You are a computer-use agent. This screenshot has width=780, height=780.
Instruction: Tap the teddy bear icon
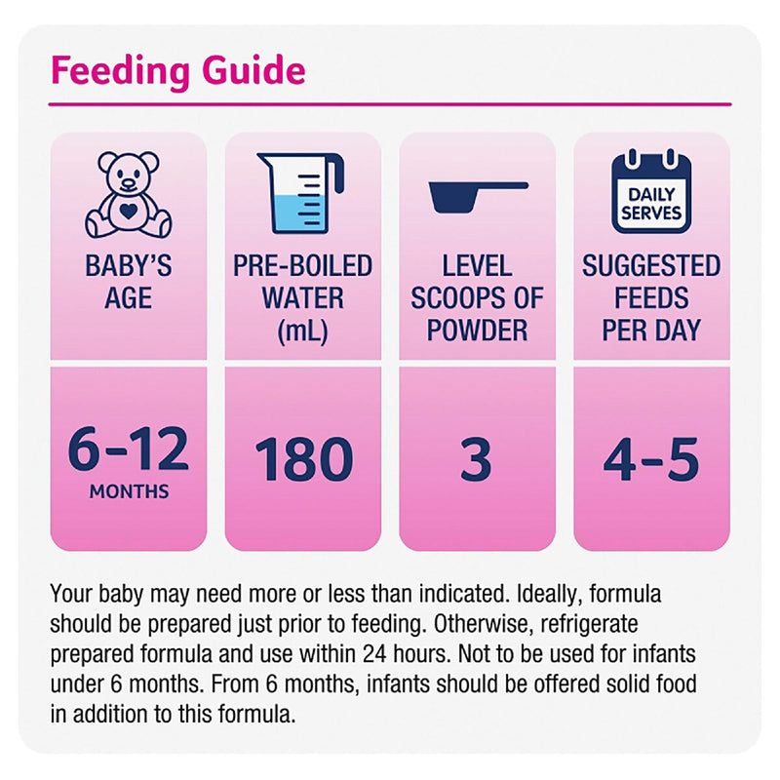click(128, 195)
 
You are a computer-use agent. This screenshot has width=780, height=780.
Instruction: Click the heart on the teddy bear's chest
click(129, 208)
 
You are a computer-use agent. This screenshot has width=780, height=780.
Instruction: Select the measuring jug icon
click(300, 192)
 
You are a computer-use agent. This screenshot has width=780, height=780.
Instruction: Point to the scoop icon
click(477, 194)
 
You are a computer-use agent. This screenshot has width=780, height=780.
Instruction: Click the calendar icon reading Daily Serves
click(651, 193)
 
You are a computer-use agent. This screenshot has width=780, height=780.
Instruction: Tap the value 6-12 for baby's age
click(128, 453)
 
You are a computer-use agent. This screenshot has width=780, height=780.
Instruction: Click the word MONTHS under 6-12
click(128, 491)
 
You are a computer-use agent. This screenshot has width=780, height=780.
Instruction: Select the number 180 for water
click(302, 460)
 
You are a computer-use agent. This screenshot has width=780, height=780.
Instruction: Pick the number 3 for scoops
click(476, 460)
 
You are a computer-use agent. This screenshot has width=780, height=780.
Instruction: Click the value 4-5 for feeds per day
click(651, 460)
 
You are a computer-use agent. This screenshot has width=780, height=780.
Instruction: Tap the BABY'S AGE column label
click(128, 281)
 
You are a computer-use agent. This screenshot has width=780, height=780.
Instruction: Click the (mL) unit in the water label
click(302, 330)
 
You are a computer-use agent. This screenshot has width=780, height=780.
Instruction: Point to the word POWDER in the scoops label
click(477, 330)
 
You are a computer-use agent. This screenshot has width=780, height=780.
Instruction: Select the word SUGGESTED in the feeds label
click(651, 265)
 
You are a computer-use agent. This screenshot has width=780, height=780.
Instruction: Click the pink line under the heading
click(390, 103)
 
